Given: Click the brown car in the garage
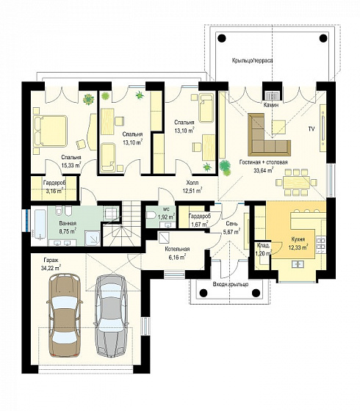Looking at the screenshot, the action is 65,315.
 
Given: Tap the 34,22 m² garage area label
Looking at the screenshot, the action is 51,268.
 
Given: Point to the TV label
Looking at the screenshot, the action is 312,129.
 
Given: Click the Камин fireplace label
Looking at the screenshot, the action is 271,105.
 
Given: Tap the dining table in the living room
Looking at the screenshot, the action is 296,182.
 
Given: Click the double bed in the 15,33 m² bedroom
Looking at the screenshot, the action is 51,131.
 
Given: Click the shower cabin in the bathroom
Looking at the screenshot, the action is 93,239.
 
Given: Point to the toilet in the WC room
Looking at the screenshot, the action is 151,216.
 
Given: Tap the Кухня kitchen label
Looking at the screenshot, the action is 298,239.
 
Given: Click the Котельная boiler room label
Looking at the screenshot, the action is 177,249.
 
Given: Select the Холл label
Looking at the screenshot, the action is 192,183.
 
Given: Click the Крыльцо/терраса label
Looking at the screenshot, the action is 252,60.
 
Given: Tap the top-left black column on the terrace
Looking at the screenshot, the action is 222,38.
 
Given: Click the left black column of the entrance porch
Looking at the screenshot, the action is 204,292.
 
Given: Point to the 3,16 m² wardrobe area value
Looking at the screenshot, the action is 54,191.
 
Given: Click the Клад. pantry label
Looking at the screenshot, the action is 263,246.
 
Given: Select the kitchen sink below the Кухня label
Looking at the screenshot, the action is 298,264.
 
